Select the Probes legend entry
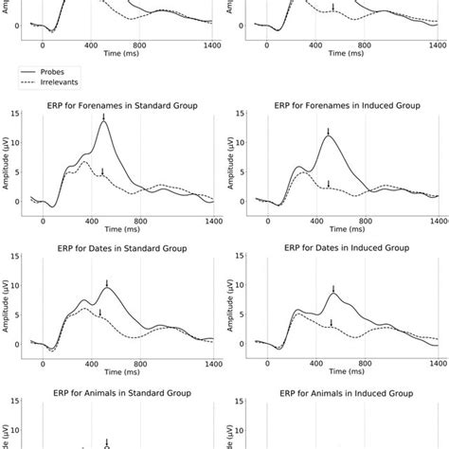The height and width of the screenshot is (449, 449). click(56, 70)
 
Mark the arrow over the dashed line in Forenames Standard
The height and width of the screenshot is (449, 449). click(100, 171)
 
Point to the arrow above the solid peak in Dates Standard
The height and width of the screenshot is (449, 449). click(107, 283)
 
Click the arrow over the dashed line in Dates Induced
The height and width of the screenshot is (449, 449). click(331, 323)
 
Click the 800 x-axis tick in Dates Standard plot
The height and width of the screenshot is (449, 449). click(140, 364)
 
